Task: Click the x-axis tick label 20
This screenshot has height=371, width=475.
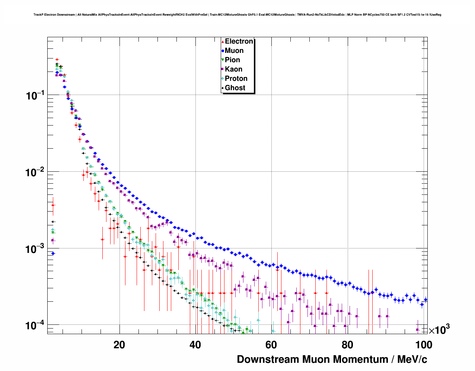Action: point(119,345)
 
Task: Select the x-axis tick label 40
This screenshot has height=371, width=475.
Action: point(195,345)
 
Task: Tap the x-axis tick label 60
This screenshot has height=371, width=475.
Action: point(271,345)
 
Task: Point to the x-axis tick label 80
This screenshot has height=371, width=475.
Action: point(347,345)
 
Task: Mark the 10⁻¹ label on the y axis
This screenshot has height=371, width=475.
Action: point(35,95)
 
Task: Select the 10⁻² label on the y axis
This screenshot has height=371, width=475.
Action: point(35,172)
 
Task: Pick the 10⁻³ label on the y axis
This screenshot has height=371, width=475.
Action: point(35,249)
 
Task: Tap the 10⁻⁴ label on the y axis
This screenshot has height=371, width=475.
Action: point(35,326)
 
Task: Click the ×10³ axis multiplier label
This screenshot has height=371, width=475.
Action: point(439,330)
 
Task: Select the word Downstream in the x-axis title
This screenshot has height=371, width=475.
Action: point(268,359)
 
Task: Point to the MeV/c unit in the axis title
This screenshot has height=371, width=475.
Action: point(412,359)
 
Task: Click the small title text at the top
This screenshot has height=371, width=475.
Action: point(237,15)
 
